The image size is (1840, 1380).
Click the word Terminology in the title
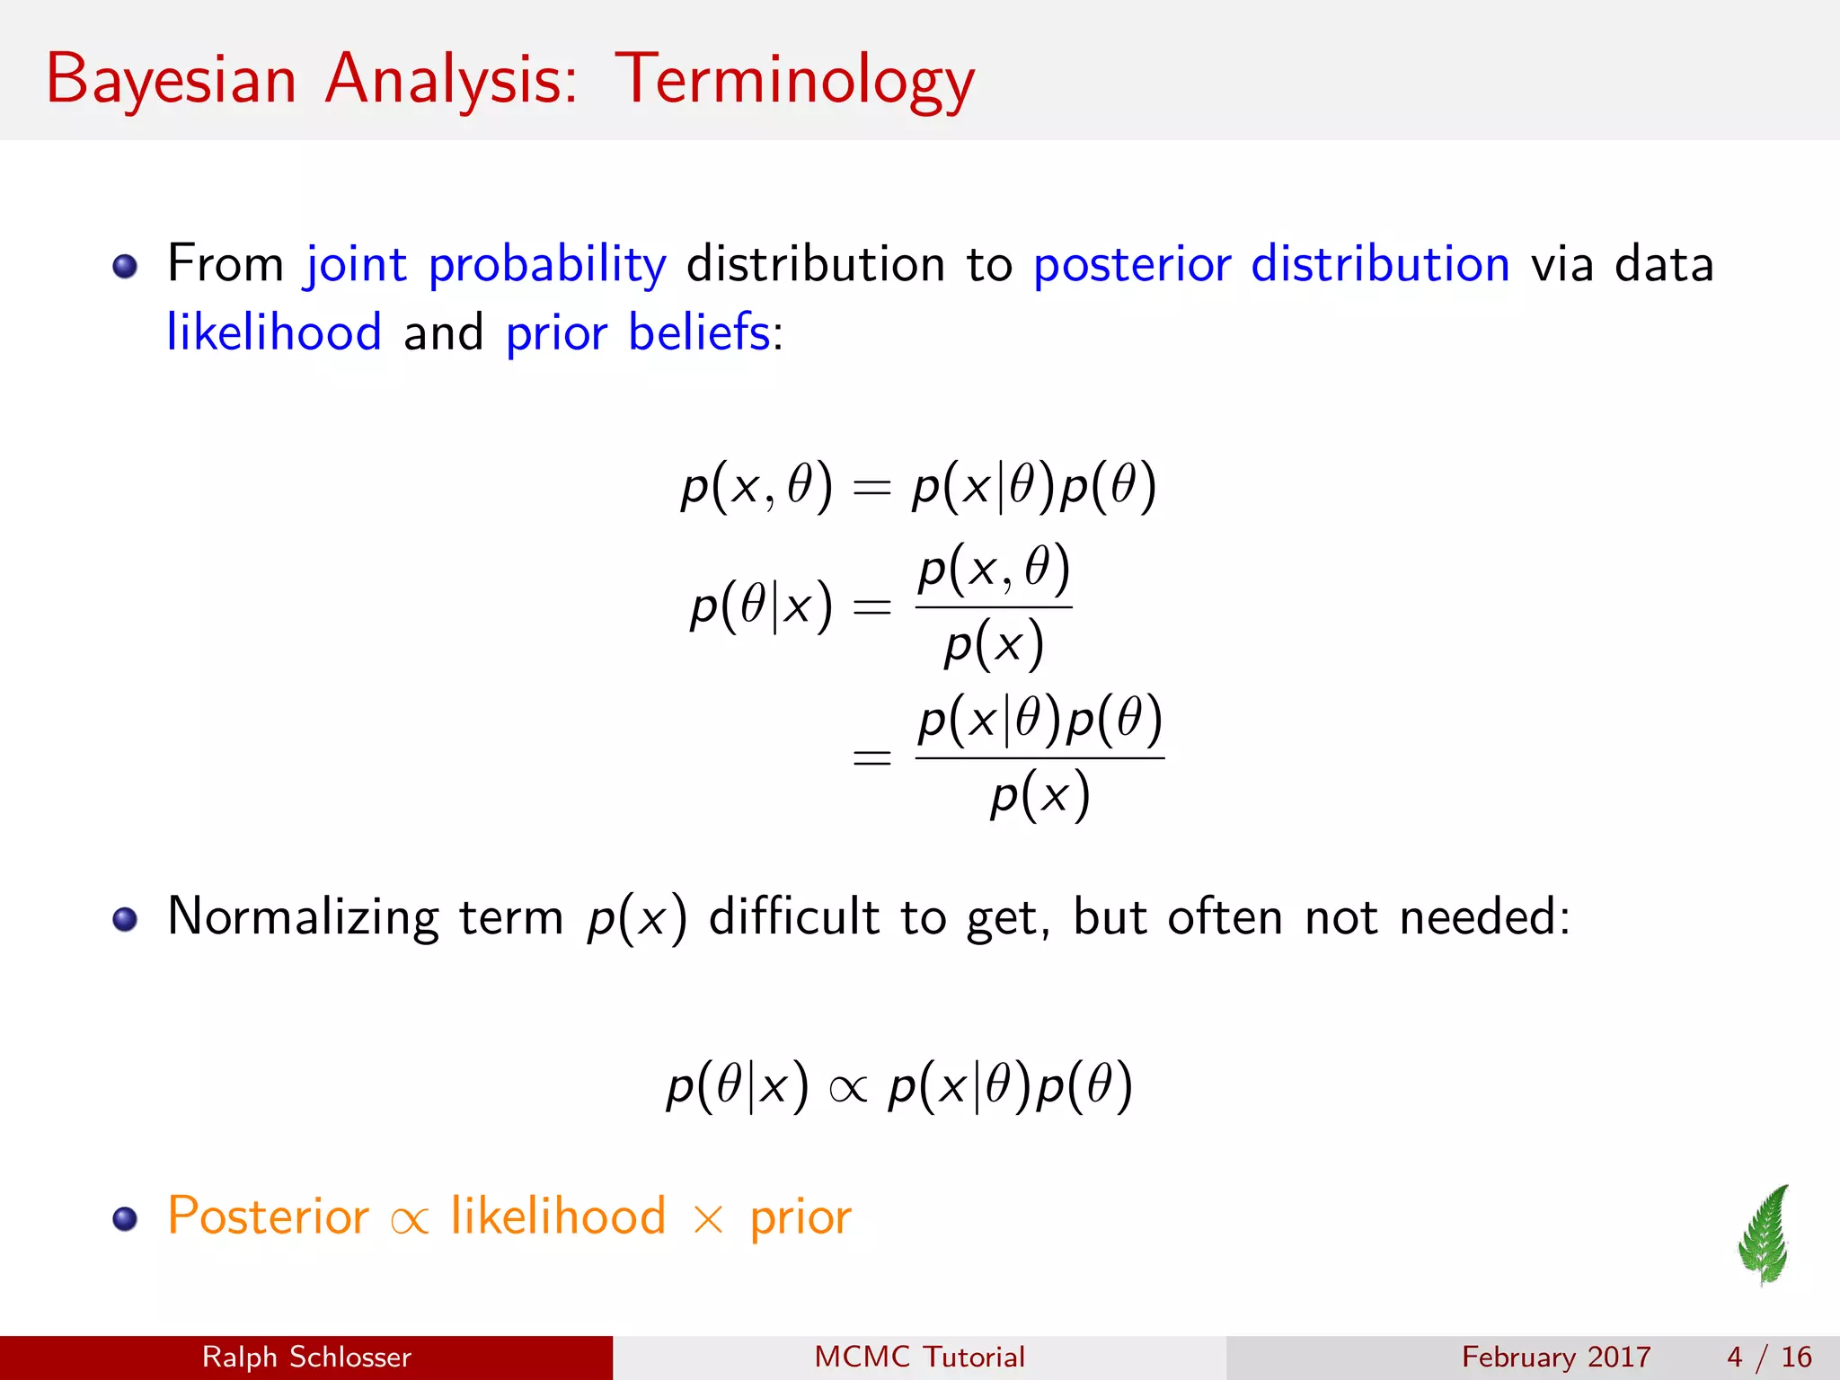click(x=794, y=81)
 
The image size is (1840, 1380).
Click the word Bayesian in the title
click(x=171, y=81)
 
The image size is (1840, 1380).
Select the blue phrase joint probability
click(x=486, y=265)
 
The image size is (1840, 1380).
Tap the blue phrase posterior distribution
click(x=1271, y=265)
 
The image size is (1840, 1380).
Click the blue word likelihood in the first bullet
click(x=274, y=332)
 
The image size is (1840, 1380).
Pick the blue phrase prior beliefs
click(x=638, y=332)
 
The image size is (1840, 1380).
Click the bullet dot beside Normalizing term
click(x=125, y=919)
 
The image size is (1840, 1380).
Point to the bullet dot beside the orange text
click(x=125, y=1218)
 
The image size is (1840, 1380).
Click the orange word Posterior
click(x=268, y=1216)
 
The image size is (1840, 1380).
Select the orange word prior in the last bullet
click(x=801, y=1218)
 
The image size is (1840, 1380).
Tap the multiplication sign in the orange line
click(x=708, y=1220)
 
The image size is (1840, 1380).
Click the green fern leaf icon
click(x=1765, y=1234)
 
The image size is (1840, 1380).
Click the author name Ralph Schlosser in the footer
click(x=306, y=1357)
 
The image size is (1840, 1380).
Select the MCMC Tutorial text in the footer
click(x=919, y=1357)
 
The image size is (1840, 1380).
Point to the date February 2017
click(x=1556, y=1357)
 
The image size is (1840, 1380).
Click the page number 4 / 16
click(x=1769, y=1357)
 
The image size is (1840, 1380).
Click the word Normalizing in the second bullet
click(x=303, y=918)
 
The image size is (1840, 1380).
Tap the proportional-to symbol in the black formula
click(x=848, y=1090)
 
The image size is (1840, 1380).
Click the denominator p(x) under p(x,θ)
click(x=994, y=644)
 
